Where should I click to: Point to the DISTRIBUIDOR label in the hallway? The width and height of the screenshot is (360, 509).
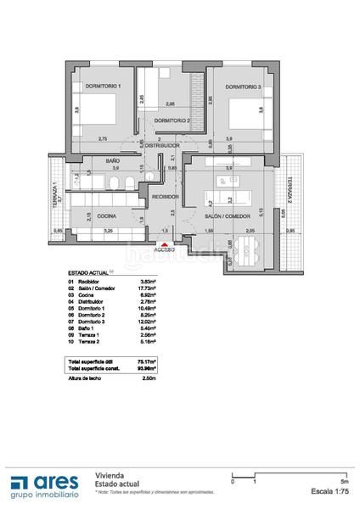(x=163, y=146)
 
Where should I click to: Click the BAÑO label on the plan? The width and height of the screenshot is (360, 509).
(x=112, y=160)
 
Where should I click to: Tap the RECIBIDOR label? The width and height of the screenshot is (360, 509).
(x=165, y=197)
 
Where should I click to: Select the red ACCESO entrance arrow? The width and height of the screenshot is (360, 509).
(x=164, y=242)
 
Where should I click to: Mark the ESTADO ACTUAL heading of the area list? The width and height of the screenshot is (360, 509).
(x=87, y=272)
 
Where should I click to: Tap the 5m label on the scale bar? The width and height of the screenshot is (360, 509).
(x=340, y=481)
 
